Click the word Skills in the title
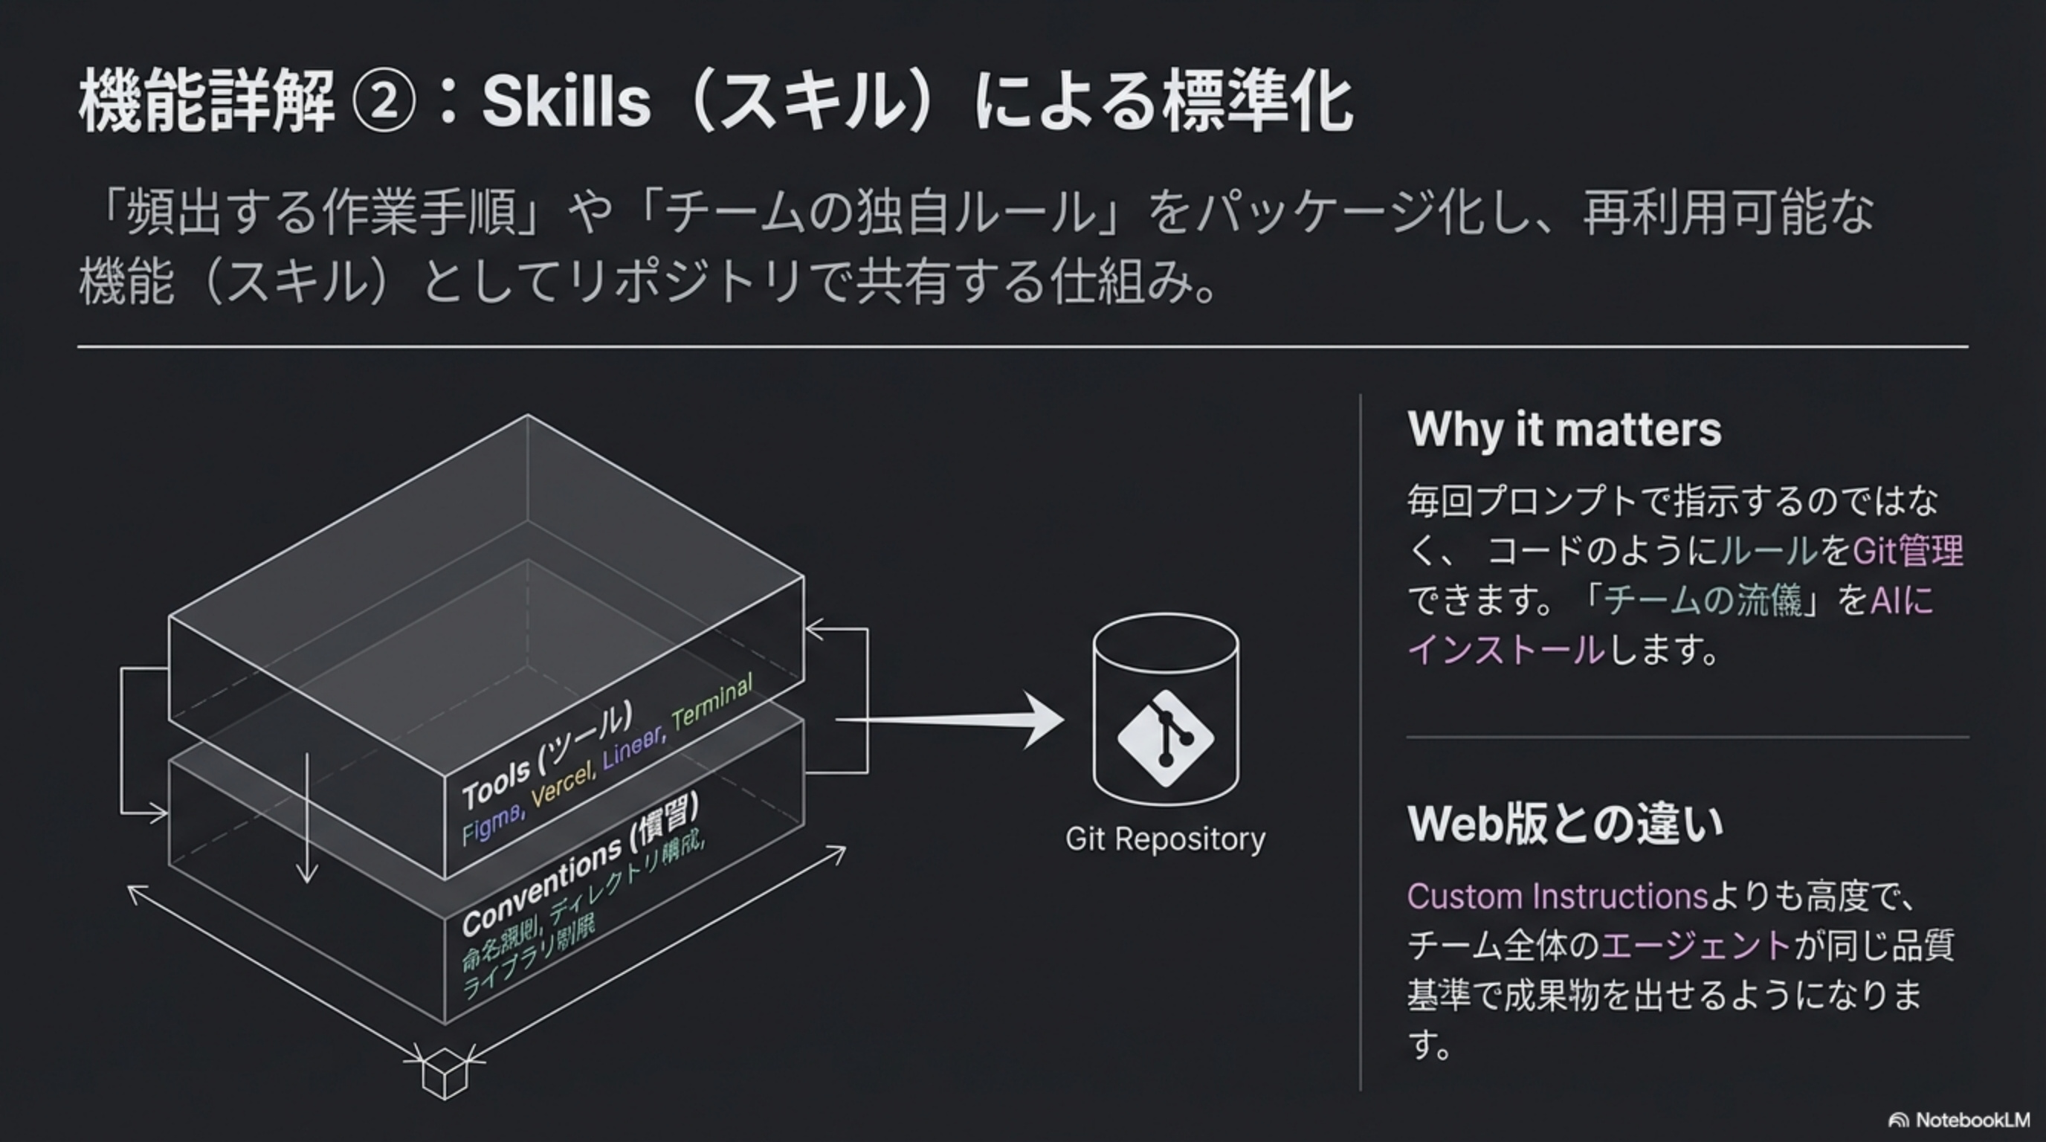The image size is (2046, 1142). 566,103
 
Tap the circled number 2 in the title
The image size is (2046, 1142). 384,103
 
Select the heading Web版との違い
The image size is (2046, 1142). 1565,824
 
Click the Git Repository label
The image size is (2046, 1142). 1165,839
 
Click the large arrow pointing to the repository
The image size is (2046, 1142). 953,720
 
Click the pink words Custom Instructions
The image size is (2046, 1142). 1557,897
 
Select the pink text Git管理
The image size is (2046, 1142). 1907,550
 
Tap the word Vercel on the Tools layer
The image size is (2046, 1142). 562,783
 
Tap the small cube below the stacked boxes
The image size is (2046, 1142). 444,1074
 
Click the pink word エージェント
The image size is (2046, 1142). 1696,946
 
